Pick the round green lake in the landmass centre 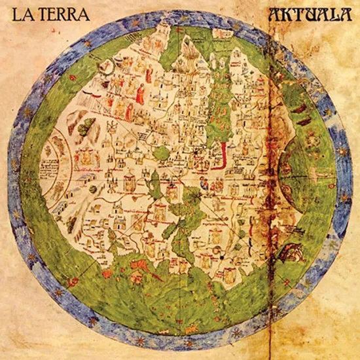(x=160, y=153)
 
